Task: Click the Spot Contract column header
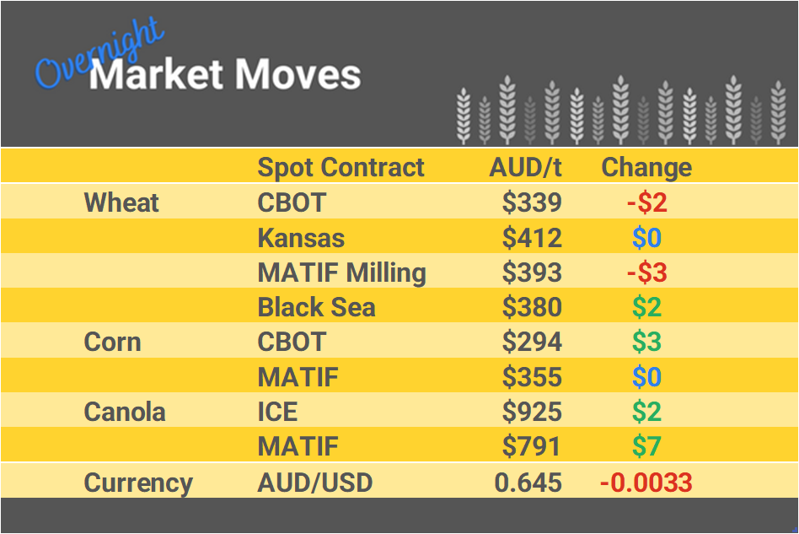pos(341,167)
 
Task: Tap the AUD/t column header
pos(525,167)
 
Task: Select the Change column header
pos(646,167)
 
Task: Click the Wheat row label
pos(121,202)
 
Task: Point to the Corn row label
pos(112,343)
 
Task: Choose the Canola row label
pos(124,412)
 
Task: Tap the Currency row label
pos(138,483)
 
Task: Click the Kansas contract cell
pos(301,238)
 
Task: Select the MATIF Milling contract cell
pos(341,272)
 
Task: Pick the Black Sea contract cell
pos(316,307)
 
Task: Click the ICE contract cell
pos(277,412)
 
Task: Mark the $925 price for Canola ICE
pos(531,412)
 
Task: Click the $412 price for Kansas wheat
pos(531,238)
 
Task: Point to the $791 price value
pos(531,446)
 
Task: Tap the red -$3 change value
pos(646,272)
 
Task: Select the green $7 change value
pos(646,446)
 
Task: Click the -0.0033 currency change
pos(646,483)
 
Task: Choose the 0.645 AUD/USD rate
pos(528,483)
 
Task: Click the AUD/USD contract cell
pos(314,483)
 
